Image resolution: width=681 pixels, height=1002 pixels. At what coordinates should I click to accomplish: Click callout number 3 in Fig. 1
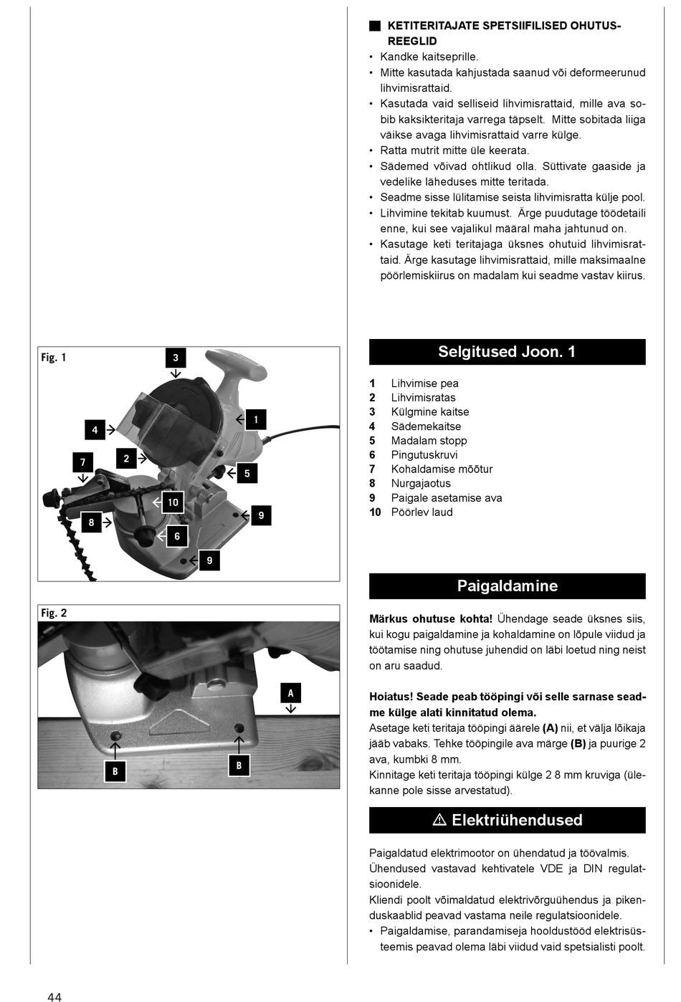point(176,358)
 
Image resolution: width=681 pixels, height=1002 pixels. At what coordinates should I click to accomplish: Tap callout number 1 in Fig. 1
point(256,419)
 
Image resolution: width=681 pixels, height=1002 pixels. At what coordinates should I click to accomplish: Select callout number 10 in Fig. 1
point(173,502)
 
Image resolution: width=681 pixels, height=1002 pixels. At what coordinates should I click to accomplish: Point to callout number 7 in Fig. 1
point(82,462)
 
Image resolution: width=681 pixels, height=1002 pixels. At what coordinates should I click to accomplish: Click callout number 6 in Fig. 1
point(177,536)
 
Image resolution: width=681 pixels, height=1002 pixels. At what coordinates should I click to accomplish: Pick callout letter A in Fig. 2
point(290,693)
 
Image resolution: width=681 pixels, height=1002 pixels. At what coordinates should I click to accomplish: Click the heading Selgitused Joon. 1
point(507,352)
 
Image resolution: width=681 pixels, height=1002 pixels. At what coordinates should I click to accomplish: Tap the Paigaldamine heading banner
point(507,586)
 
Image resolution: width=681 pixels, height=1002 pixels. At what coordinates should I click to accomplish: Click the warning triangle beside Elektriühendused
point(440,820)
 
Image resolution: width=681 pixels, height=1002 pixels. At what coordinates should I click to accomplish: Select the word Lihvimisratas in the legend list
point(423,398)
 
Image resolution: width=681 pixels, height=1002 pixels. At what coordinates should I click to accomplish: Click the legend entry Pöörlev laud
point(422,512)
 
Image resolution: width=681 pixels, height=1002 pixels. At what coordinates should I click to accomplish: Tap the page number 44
point(54,996)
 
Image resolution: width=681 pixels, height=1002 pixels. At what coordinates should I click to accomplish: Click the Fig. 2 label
point(54,613)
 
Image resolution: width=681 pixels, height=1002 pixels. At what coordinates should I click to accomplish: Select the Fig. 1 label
point(53,357)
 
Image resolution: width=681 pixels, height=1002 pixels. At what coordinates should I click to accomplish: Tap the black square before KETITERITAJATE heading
point(375,26)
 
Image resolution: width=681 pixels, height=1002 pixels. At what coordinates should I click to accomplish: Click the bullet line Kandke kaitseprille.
point(429,57)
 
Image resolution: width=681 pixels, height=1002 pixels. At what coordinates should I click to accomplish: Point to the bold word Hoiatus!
point(391,697)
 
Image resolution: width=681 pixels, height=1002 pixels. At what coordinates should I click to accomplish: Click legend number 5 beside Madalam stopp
point(372,441)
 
